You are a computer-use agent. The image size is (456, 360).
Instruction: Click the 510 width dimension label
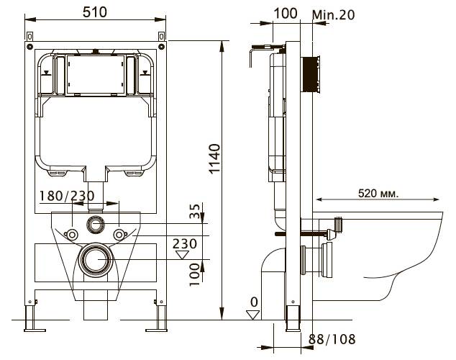click(x=95, y=12)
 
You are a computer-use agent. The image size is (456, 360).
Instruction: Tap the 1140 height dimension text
click(x=215, y=159)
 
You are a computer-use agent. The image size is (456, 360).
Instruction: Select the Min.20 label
click(x=334, y=14)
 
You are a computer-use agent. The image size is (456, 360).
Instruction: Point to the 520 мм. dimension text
click(x=378, y=193)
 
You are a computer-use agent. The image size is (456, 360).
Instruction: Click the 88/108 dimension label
click(x=332, y=339)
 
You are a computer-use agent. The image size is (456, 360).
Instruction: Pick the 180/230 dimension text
click(x=67, y=196)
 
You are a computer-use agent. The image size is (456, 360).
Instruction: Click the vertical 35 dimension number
click(x=195, y=211)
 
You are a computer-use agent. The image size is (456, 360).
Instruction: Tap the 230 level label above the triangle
click(x=185, y=244)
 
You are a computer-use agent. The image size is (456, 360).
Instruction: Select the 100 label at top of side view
click(x=286, y=14)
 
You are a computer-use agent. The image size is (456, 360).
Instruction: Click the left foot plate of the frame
click(x=35, y=330)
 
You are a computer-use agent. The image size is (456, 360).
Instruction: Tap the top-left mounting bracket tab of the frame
click(x=29, y=37)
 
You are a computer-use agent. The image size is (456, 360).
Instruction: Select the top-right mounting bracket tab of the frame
click(x=162, y=37)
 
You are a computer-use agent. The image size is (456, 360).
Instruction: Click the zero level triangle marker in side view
click(x=252, y=315)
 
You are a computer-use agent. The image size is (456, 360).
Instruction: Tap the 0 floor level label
click(x=254, y=302)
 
